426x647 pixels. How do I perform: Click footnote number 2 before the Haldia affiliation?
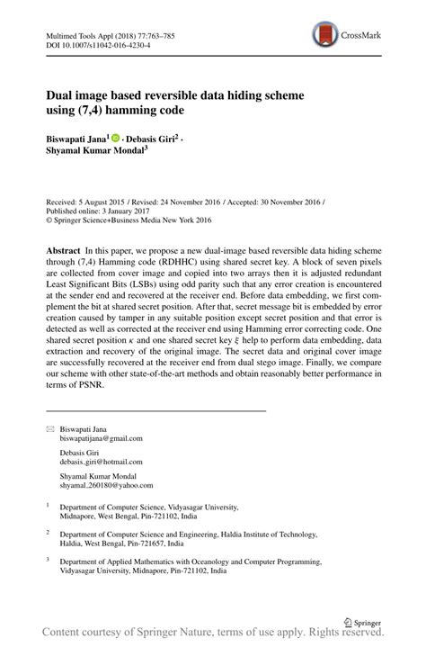click(x=48, y=532)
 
